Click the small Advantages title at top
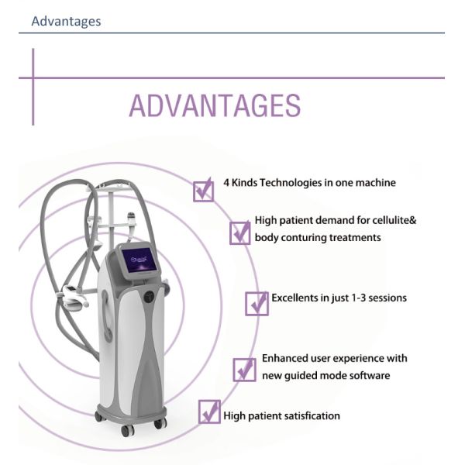tap(66, 21)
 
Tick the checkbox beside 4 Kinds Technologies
tap(203, 189)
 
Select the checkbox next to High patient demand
tap(240, 232)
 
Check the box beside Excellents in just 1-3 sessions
tap(257, 303)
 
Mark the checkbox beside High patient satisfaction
tap(209, 411)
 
